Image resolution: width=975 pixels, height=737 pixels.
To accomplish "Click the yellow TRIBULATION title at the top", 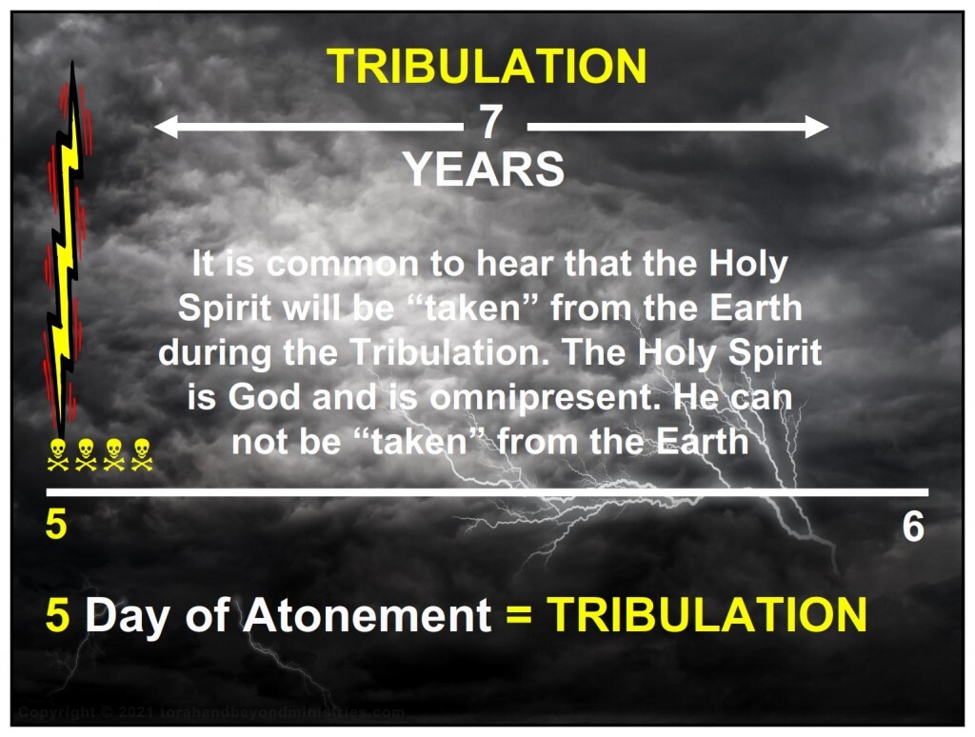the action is coord(487,66).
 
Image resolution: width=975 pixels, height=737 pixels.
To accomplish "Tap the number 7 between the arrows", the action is coord(490,123).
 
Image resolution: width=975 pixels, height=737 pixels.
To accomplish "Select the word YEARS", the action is coord(484,169).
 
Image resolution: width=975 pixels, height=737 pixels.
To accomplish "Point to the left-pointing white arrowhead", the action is coord(166,127).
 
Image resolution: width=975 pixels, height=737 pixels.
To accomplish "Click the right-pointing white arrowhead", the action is coord(817,127).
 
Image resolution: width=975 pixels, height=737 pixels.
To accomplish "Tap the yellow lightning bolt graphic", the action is coord(66,249).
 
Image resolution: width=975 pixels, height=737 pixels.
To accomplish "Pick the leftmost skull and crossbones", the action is coord(58,454).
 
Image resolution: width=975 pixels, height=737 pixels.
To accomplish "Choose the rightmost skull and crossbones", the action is coord(142,454).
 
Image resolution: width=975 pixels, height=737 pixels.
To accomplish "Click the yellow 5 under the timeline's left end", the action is coord(56,525).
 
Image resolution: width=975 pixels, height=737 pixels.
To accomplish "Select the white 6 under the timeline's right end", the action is coord(913,527).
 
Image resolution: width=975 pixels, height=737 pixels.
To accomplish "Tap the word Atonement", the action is coord(368,615).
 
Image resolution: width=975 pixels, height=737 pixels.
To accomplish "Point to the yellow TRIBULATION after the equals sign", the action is coord(707,614).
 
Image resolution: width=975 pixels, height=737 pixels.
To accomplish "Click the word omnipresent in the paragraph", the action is coord(545,397).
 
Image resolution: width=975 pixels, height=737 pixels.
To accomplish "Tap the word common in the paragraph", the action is coord(343,264).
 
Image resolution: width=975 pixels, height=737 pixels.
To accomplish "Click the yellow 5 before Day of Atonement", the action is coord(57,615).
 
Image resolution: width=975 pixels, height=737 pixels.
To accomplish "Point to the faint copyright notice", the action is coord(212,712).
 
